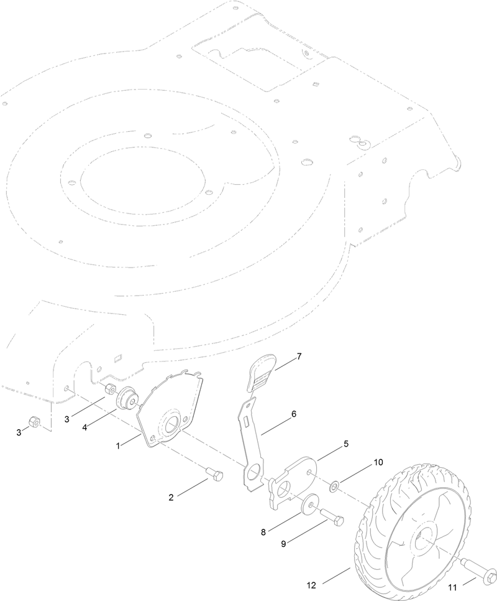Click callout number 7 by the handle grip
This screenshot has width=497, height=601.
click(x=299, y=356)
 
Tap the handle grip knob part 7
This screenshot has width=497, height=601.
click(x=263, y=374)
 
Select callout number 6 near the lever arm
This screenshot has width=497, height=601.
click(x=293, y=413)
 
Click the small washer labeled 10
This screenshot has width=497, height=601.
click(x=334, y=483)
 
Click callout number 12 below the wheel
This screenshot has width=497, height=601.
click(x=311, y=585)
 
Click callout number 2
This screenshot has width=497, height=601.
click(x=171, y=497)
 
